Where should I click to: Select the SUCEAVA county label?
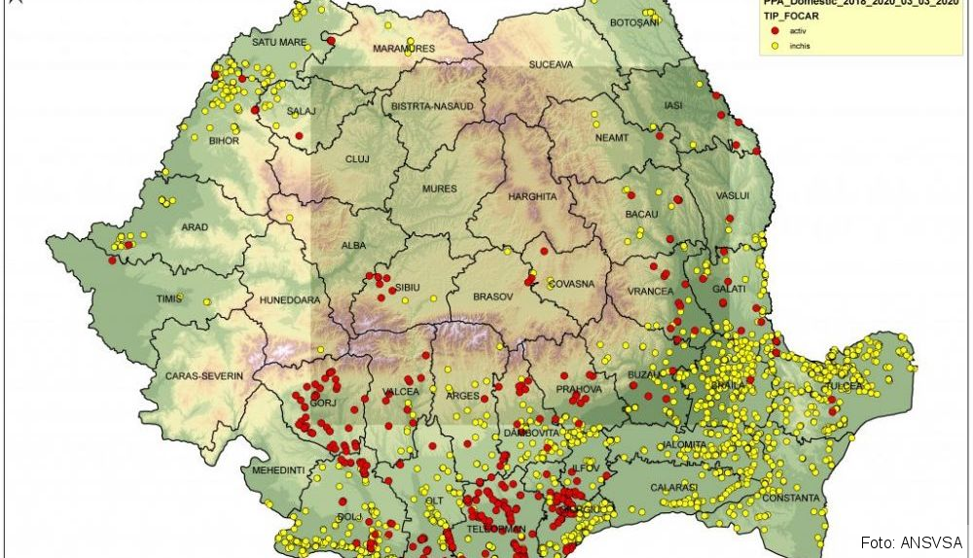pos(552,65)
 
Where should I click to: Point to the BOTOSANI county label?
pos(634,21)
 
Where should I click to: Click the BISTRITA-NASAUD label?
pos(432,105)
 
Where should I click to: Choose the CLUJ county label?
pos(358,158)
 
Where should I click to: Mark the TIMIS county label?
pos(169,298)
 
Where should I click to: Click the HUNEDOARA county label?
pos(289,300)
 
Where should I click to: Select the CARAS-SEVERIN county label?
pos(204,375)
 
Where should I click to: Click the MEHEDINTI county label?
pos(279,470)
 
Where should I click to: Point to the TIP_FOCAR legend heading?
pos(791,17)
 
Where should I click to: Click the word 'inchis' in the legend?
pos(801,46)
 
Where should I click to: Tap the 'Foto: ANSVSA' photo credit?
pos(912,541)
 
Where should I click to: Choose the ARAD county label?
pos(195,227)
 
